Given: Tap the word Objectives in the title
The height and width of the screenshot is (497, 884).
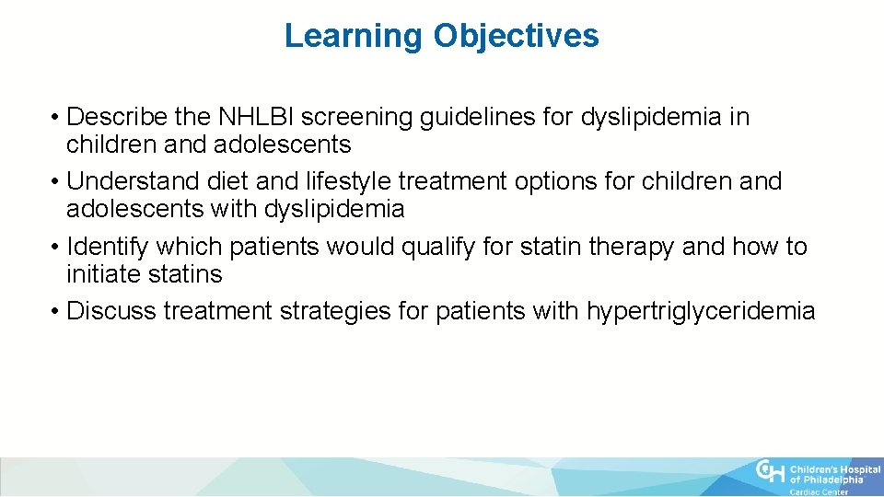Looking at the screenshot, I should pyautogui.click(x=517, y=36).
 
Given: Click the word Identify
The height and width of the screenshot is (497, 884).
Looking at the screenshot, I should pyautogui.click(x=108, y=247).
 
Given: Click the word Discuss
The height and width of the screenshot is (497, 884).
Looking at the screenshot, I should pyautogui.click(x=111, y=311).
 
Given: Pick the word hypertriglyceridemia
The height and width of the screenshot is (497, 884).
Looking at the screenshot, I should pyautogui.click(x=700, y=311).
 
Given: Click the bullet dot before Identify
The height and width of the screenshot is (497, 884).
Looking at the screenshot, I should pyautogui.click(x=57, y=248).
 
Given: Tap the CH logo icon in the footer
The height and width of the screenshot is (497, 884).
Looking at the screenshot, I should pyautogui.click(x=771, y=472).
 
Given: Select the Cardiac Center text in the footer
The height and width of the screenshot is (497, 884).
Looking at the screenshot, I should pyautogui.click(x=819, y=491).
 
